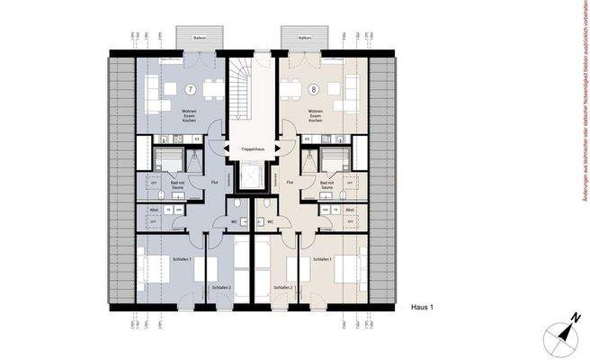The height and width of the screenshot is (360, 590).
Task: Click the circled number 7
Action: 191,90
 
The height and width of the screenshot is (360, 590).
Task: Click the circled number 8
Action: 312,90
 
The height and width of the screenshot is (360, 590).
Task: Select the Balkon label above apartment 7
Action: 205,39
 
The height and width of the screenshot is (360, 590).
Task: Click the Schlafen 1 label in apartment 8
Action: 322,259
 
